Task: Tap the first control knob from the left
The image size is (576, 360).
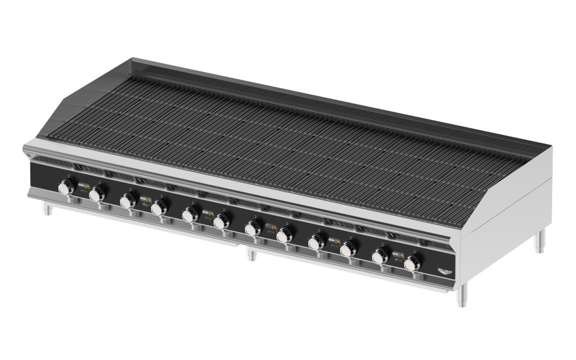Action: click(65, 188)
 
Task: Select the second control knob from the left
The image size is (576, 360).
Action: click(96, 194)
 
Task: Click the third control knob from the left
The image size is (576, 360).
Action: click(126, 201)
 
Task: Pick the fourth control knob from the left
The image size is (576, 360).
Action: click(158, 207)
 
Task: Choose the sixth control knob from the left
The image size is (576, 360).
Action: click(221, 222)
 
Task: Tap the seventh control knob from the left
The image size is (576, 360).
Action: click(251, 229)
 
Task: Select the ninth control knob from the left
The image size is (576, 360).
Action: click(315, 243)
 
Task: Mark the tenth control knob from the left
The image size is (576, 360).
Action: click(348, 250)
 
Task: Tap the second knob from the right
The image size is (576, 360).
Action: click(379, 256)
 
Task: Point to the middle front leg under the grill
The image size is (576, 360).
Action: click(251, 255)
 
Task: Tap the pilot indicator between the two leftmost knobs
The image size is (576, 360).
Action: click(81, 187)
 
